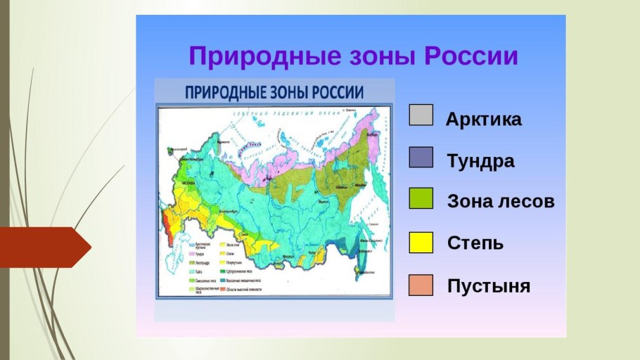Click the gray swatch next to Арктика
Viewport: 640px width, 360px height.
tap(421, 115)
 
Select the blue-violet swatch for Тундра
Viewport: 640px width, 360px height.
tap(421, 157)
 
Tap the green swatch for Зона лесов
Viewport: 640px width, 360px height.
tap(421, 199)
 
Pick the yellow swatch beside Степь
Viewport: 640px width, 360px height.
tap(421, 243)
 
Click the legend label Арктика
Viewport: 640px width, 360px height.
tap(484, 120)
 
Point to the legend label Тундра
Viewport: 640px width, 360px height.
tap(480, 161)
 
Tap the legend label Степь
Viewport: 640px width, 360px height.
tap(475, 244)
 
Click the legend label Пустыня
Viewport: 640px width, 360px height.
tap(488, 287)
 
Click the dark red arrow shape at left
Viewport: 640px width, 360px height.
tap(45, 247)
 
